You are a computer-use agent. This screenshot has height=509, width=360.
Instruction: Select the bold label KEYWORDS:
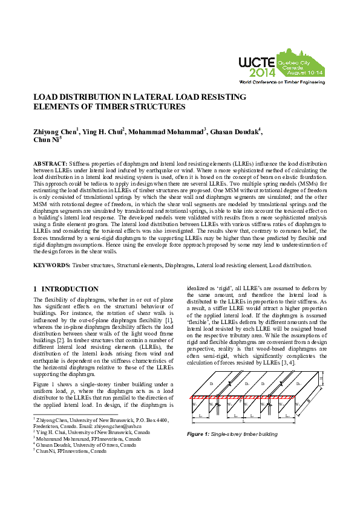51,265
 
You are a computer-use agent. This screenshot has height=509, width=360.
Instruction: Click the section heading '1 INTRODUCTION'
66,290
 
